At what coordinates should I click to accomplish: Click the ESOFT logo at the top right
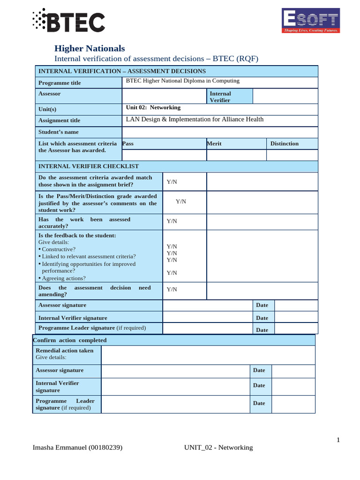coord(310,21)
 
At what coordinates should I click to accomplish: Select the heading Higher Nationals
coord(90,48)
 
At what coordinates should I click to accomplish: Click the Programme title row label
coord(60,83)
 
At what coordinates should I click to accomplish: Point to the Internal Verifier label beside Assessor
coord(220,97)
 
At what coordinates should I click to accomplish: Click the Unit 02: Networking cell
coord(153,107)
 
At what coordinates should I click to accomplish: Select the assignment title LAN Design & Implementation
coord(195,120)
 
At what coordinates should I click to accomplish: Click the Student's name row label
coord(59,132)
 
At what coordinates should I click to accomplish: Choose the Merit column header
coord(214,143)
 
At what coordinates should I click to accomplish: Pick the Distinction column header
coord(285,143)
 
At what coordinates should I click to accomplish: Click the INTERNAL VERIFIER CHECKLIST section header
coord(89,166)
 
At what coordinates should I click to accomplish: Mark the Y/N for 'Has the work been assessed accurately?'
coord(172,221)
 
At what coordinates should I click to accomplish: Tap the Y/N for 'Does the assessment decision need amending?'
coord(172,289)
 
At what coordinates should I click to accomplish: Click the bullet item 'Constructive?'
coord(59,249)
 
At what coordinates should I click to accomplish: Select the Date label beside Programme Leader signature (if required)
coord(262,330)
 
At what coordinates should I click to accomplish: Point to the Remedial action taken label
coord(65,351)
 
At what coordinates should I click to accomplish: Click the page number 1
coord(337,440)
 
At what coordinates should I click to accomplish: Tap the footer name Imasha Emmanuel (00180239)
coord(77,448)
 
